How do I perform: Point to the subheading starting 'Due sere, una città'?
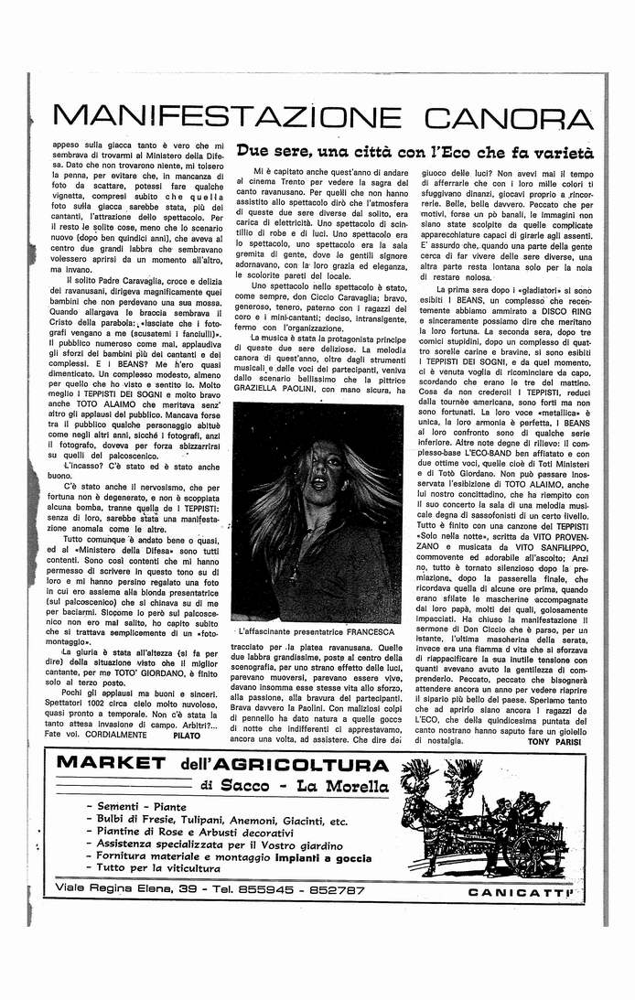(x=414, y=153)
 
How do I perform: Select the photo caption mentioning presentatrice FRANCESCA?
(x=315, y=632)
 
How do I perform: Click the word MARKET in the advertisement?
(x=110, y=763)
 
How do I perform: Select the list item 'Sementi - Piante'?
(x=141, y=807)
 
